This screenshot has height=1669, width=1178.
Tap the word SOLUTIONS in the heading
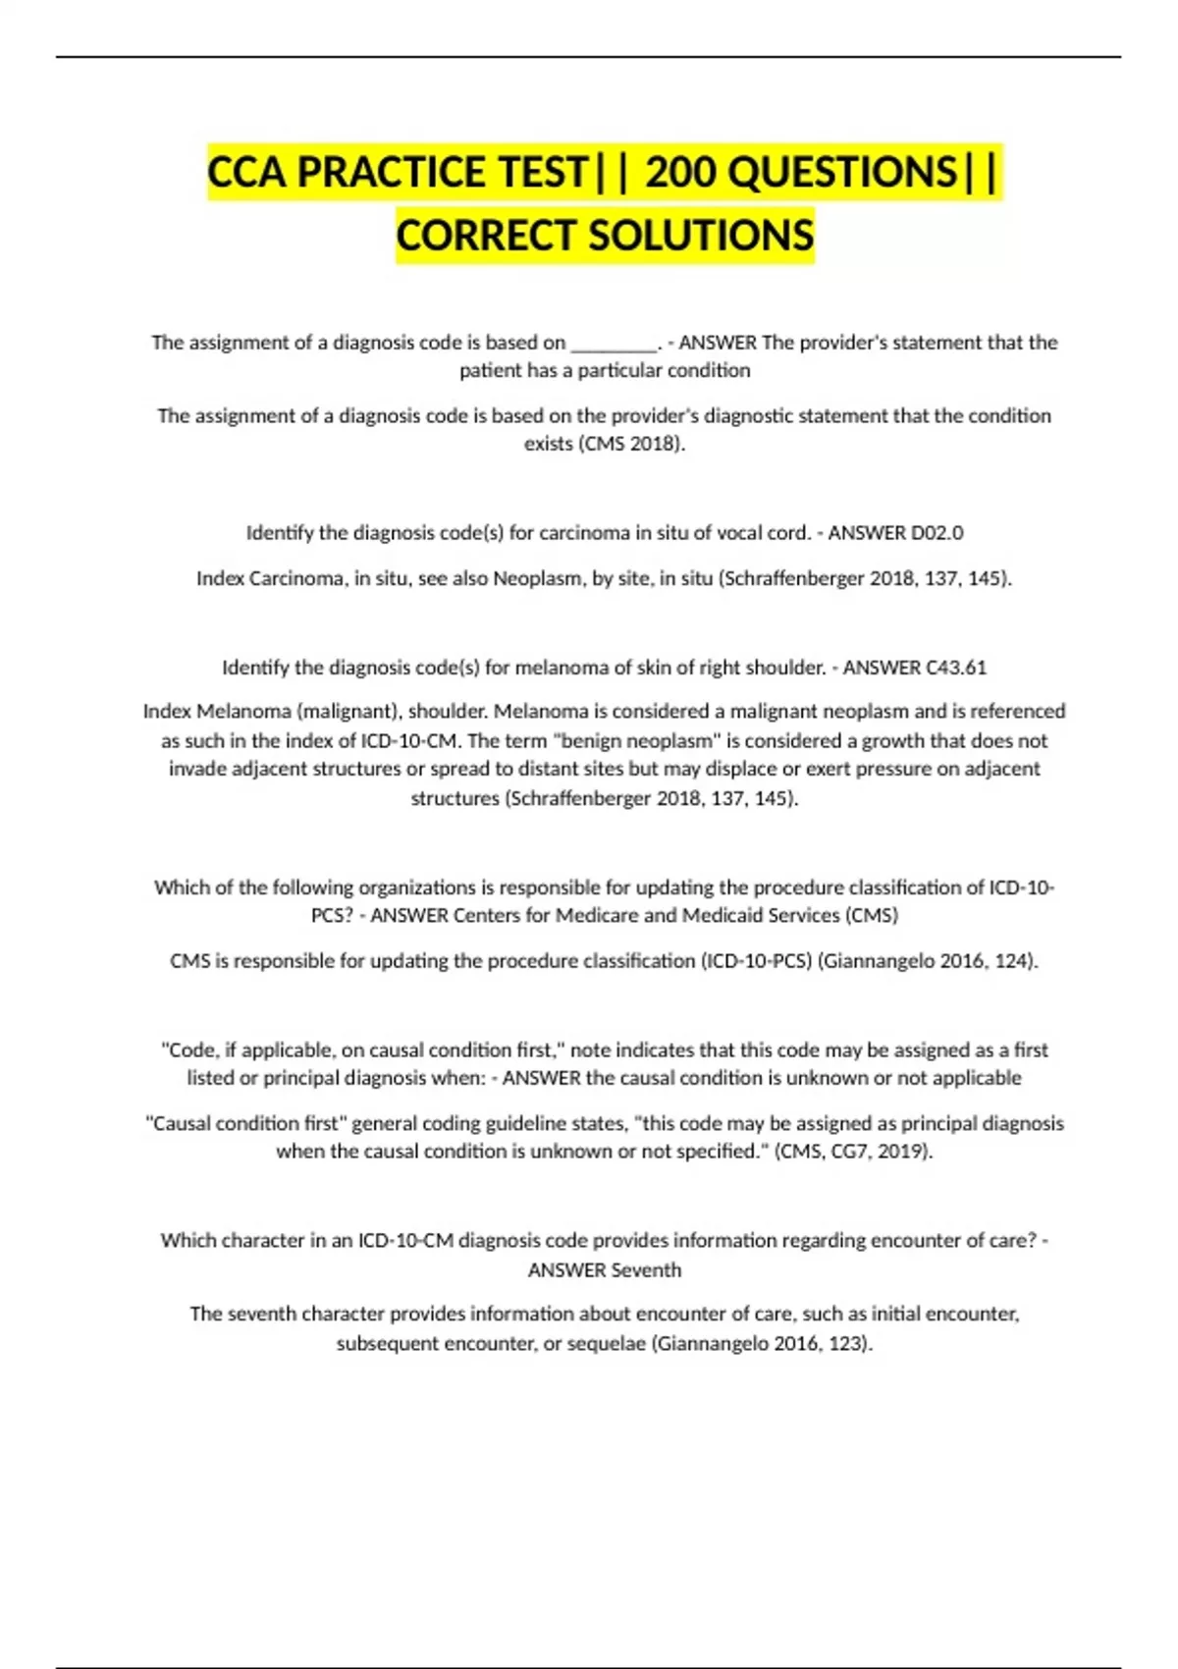click(x=701, y=236)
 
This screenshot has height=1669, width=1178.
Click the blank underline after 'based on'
click(x=614, y=344)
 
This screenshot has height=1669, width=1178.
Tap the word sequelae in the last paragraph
click(x=605, y=1343)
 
